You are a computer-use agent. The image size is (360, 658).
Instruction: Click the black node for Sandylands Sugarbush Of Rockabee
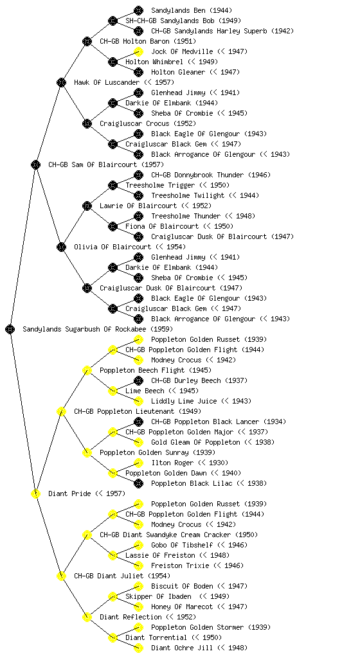pyautogui.click(x=10, y=329)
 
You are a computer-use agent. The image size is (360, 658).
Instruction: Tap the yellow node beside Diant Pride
pyautogui.click(x=35, y=493)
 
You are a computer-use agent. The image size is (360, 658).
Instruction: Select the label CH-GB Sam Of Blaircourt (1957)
pyautogui.click(x=106, y=164)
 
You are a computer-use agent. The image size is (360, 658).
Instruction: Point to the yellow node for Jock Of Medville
pyautogui.click(x=138, y=51)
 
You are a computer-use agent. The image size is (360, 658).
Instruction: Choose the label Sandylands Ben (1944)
pyautogui.click(x=192, y=10)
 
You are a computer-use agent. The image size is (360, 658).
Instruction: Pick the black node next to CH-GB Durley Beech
pyautogui.click(x=138, y=380)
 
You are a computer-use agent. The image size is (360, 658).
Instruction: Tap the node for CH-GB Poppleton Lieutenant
pyautogui.click(x=61, y=411)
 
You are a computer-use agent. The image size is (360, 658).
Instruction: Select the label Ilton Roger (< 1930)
pyautogui.click(x=190, y=463)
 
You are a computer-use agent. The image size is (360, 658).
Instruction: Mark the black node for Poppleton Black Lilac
pyautogui.click(x=138, y=483)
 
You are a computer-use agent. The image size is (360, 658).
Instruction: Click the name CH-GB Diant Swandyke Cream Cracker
pyautogui.click(x=165, y=535)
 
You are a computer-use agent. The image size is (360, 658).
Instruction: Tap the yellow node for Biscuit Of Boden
pyautogui.click(x=138, y=586)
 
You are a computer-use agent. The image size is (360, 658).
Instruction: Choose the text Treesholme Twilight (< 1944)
pyautogui.click(x=205, y=195)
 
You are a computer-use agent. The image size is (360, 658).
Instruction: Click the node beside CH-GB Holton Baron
pyautogui.click(x=87, y=41)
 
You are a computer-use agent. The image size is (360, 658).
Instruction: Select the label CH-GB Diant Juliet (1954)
pyautogui.click(x=122, y=576)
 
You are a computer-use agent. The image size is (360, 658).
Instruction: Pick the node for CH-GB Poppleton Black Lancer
pyautogui.click(x=138, y=422)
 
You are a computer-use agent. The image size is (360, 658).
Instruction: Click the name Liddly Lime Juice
pyautogui.click(x=184, y=401)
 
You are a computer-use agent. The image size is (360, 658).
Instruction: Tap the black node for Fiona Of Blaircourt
pyautogui.click(x=113, y=226)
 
